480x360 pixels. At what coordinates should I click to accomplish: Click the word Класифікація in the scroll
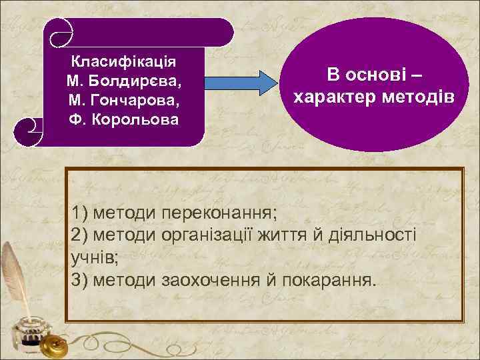123,61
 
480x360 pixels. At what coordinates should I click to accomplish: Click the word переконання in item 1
229,214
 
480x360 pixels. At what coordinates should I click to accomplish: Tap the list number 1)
80,214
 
